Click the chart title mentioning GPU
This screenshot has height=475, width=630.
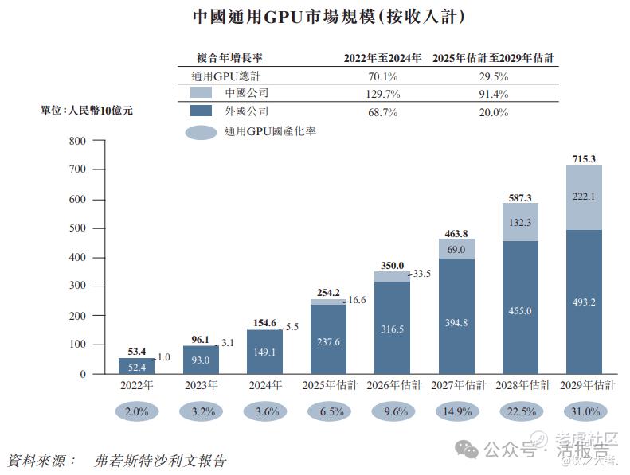click(317, 16)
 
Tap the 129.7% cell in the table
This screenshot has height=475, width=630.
click(382, 94)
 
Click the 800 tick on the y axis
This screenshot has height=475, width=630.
click(76, 141)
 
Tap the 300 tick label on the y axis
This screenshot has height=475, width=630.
click(76, 286)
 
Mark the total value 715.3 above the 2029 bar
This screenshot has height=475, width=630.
click(584, 158)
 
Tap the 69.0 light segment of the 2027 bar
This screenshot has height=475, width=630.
click(456, 249)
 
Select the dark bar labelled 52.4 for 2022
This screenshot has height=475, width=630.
click(137, 366)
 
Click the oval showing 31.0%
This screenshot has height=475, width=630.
click(584, 412)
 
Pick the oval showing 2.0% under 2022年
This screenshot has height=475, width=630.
click(137, 412)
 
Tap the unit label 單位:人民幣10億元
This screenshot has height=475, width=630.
click(87, 111)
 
